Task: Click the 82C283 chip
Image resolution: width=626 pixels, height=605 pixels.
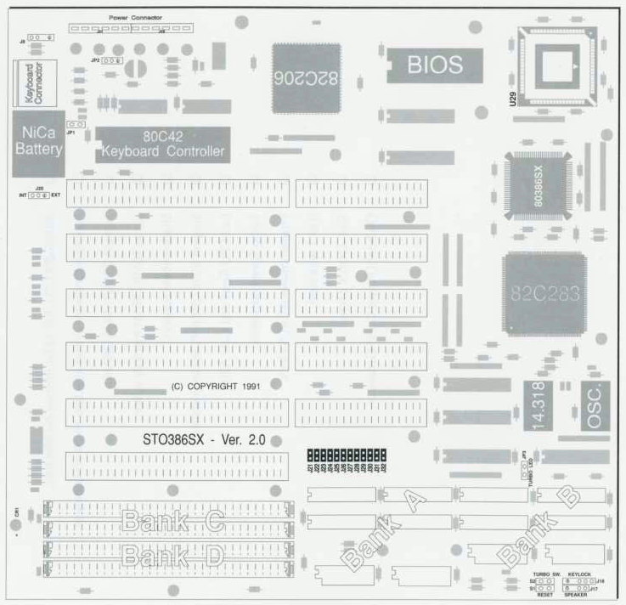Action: click(x=544, y=294)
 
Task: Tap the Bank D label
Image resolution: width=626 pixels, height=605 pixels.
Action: click(x=173, y=557)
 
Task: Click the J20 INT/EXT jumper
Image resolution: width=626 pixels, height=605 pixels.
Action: click(x=39, y=195)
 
